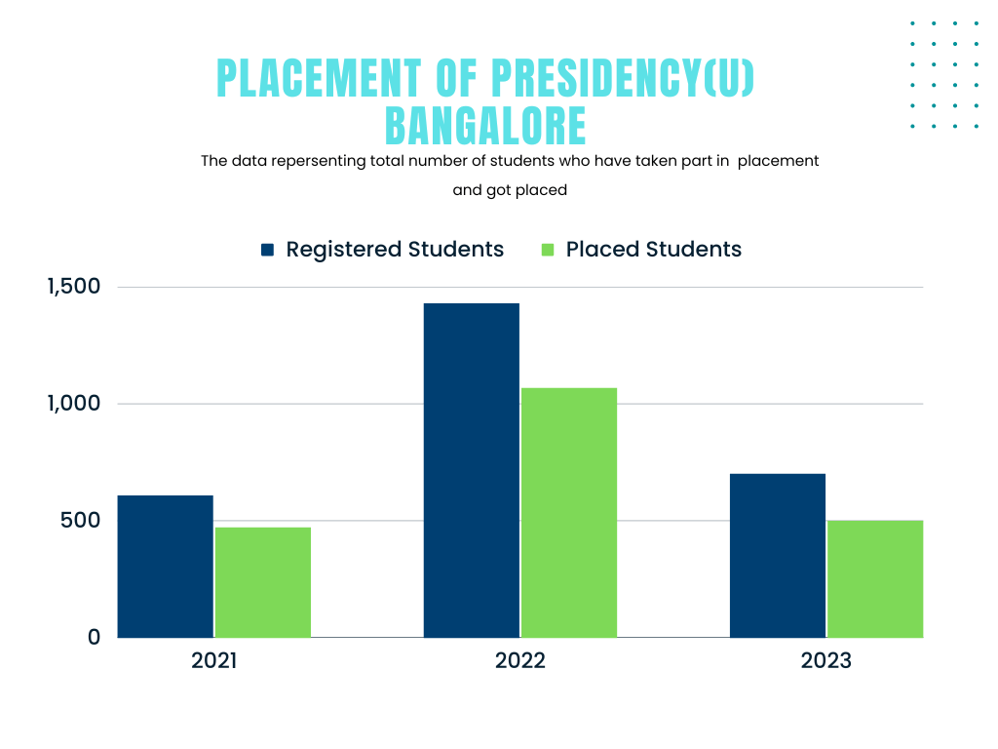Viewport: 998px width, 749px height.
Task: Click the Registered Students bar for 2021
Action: (166, 567)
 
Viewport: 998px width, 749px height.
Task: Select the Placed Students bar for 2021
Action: (263, 582)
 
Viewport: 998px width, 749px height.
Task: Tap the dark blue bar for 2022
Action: (472, 470)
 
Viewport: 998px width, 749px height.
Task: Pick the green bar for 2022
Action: (569, 513)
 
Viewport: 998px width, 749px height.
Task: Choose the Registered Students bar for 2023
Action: (778, 556)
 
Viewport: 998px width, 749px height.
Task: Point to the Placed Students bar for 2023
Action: (875, 578)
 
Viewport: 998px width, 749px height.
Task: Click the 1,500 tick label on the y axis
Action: (73, 287)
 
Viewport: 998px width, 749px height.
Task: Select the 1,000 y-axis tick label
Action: (73, 403)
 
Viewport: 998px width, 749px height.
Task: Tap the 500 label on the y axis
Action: (82, 520)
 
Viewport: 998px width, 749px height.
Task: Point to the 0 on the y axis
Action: (95, 637)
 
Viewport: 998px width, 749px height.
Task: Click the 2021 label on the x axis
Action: (214, 660)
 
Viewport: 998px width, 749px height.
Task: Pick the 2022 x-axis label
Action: (520, 660)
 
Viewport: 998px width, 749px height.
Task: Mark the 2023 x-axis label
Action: (826, 660)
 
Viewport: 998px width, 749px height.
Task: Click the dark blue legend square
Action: (268, 250)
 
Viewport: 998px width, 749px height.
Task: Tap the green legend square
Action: (548, 250)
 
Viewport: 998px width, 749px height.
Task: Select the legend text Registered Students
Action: (395, 250)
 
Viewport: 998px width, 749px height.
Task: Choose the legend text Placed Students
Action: (654, 250)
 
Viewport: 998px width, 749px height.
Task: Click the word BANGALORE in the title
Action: (485, 126)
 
